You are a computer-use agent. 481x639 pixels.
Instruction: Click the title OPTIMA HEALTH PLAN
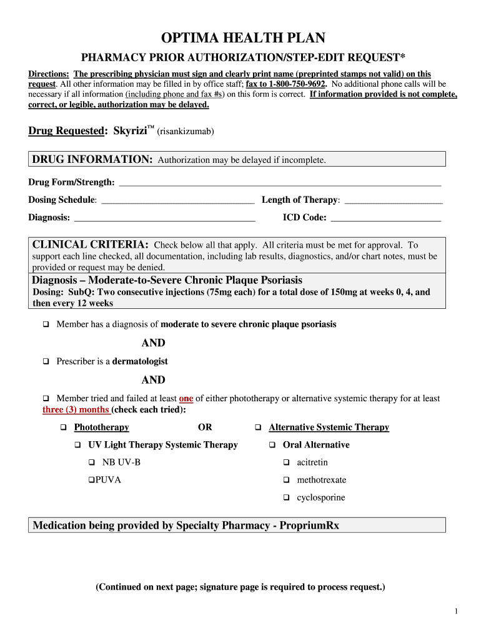click(x=240, y=38)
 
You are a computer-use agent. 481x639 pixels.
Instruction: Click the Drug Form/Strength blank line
click(x=279, y=182)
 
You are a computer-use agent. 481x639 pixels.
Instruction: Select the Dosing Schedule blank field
click(x=177, y=200)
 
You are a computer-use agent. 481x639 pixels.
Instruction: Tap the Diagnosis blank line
click(x=164, y=218)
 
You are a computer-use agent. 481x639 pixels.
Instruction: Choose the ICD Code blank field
click(x=385, y=218)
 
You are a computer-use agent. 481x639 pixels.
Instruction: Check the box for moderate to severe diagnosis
click(x=46, y=324)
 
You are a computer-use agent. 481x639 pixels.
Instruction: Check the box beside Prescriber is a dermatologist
click(x=46, y=361)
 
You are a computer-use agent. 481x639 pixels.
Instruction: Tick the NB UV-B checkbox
click(x=91, y=462)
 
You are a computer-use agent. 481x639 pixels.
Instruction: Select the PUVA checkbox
click(x=91, y=480)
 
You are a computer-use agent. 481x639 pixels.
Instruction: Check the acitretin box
click(x=286, y=462)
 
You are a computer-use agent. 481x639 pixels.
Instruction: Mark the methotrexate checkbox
click(x=286, y=480)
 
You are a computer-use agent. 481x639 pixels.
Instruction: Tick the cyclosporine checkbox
click(x=286, y=498)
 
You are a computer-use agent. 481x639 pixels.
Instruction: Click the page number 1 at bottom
click(x=457, y=611)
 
